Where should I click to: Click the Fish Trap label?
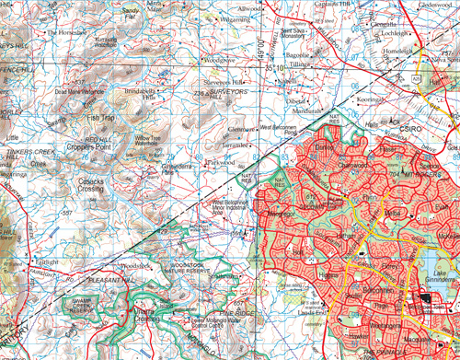(x=100, y=117)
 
